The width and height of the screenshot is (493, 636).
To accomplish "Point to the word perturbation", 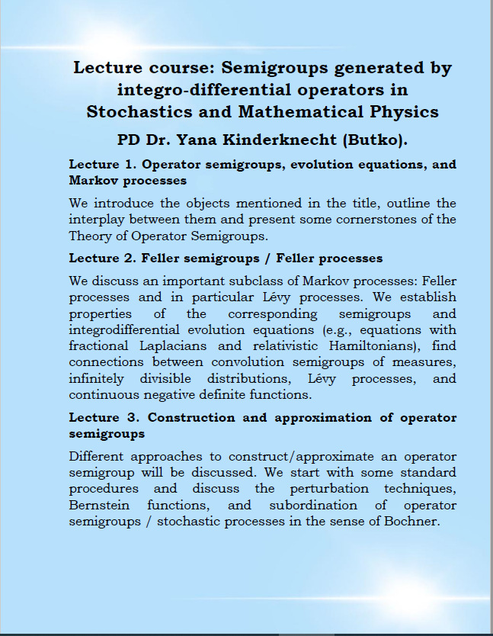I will (x=330, y=488).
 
